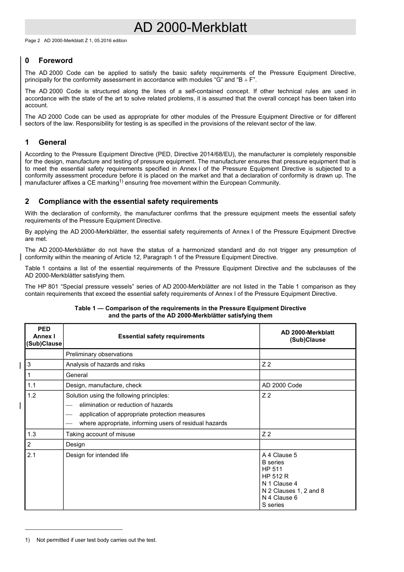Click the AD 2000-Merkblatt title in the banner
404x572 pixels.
(190, 27)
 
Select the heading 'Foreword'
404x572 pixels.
(55, 60)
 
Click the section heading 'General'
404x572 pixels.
(52, 142)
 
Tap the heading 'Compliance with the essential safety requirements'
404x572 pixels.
(128, 201)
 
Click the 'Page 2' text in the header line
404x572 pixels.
(32, 41)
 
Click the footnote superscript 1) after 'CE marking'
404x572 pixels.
(121, 181)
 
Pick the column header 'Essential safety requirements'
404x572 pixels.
(161, 336)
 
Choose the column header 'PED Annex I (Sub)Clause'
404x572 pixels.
(44, 336)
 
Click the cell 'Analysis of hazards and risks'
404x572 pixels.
(105, 364)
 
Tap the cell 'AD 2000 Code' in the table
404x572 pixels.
(282, 385)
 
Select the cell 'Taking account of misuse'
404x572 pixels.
(100, 434)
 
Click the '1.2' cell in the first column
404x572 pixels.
(32, 395)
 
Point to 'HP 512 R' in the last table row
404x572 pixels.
(275, 476)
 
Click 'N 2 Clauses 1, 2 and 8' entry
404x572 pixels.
(293, 491)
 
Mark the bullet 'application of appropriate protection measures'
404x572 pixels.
(142, 414)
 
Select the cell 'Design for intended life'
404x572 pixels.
(97, 455)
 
